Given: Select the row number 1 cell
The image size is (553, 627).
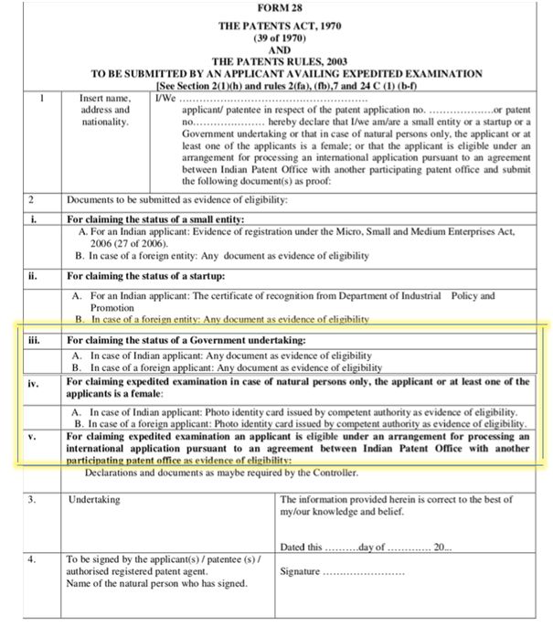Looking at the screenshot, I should pyautogui.click(x=34, y=98).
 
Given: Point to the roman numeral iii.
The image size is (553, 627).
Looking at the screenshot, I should pyautogui.click(x=33, y=341).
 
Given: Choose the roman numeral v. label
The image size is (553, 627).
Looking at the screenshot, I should pyautogui.click(x=33, y=437).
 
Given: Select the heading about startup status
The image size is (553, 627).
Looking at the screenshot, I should pyautogui.click(x=146, y=276).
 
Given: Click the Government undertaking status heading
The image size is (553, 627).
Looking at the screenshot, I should pyautogui.click(x=186, y=341).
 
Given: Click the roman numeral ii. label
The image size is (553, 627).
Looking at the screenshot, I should pyautogui.click(x=33, y=276).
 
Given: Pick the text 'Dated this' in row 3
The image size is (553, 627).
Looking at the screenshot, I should pyautogui.click(x=303, y=547).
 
